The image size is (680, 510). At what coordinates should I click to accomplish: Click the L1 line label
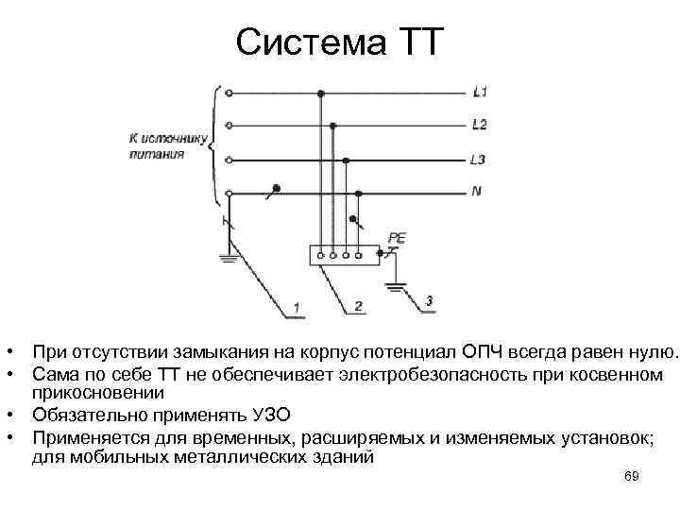coord(479,93)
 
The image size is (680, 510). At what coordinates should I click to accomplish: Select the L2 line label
coord(479,125)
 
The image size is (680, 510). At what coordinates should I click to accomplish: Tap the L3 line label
coord(479,159)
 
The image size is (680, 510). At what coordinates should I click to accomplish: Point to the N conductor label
coord(477,191)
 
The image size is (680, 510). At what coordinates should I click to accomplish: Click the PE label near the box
coord(396,239)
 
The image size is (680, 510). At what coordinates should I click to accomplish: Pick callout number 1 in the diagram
coord(296,308)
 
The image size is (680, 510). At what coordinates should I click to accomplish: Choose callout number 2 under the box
coord(359,306)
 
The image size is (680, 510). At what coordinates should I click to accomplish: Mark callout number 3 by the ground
coord(430,301)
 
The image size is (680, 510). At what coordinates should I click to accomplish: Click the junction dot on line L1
coord(321,93)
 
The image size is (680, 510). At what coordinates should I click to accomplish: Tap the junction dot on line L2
coord(333,126)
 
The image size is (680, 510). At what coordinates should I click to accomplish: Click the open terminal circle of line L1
coord(229,93)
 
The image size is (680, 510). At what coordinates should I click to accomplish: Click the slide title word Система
coord(302,42)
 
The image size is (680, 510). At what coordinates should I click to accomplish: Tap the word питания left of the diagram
coord(157,153)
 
